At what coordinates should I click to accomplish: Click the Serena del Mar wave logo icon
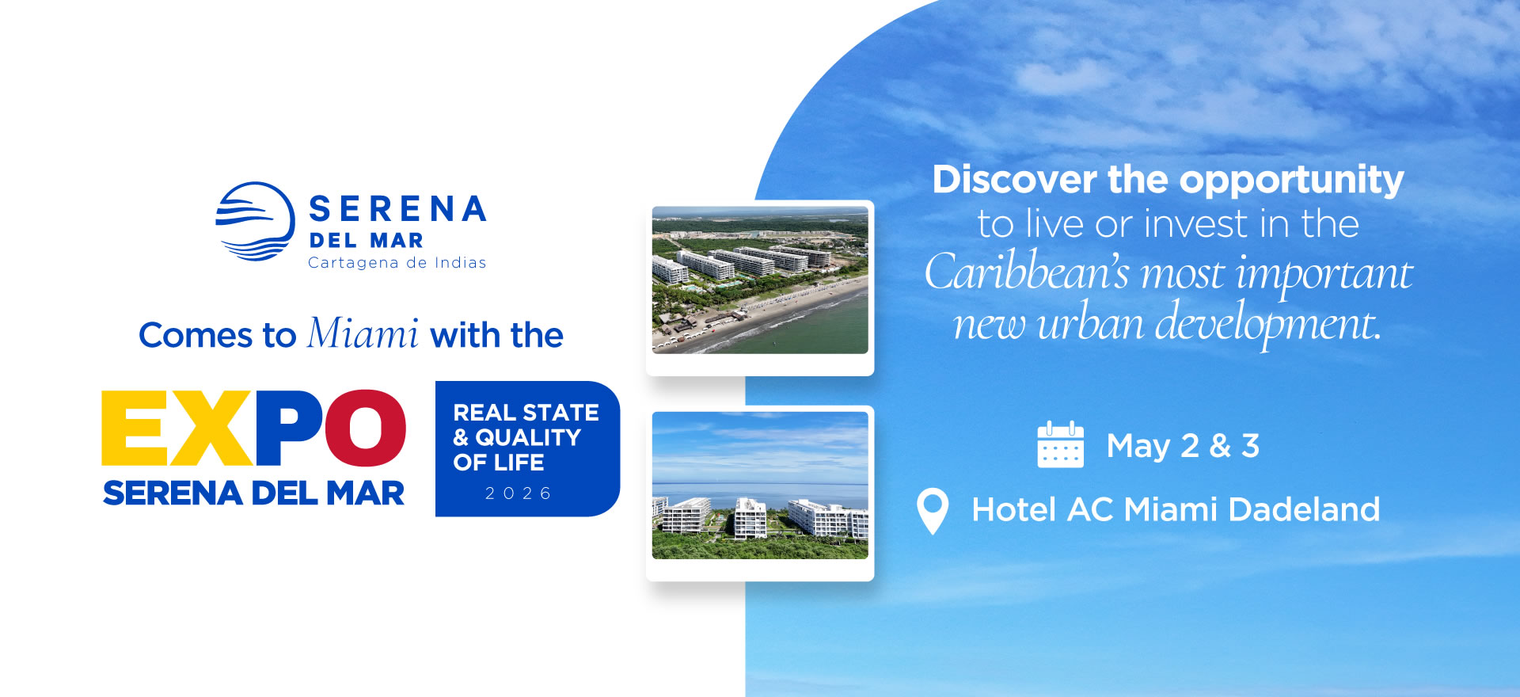255,222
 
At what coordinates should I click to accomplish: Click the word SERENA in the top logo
397,209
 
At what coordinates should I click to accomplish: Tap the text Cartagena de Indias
397,263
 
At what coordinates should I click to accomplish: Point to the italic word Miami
363,333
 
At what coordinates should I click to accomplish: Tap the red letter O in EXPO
366,428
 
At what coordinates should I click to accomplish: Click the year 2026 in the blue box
519,493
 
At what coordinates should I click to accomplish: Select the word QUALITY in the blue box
528,437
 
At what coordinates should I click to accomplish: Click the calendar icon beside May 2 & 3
1060,444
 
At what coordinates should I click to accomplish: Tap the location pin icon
933,511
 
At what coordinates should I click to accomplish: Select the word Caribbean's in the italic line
1027,272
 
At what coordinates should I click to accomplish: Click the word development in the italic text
1267,324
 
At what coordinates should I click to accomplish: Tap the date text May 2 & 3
1183,446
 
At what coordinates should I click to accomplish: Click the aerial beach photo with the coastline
760,280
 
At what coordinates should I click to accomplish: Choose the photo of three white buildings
760,486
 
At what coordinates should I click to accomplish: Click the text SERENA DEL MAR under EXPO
253,493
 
